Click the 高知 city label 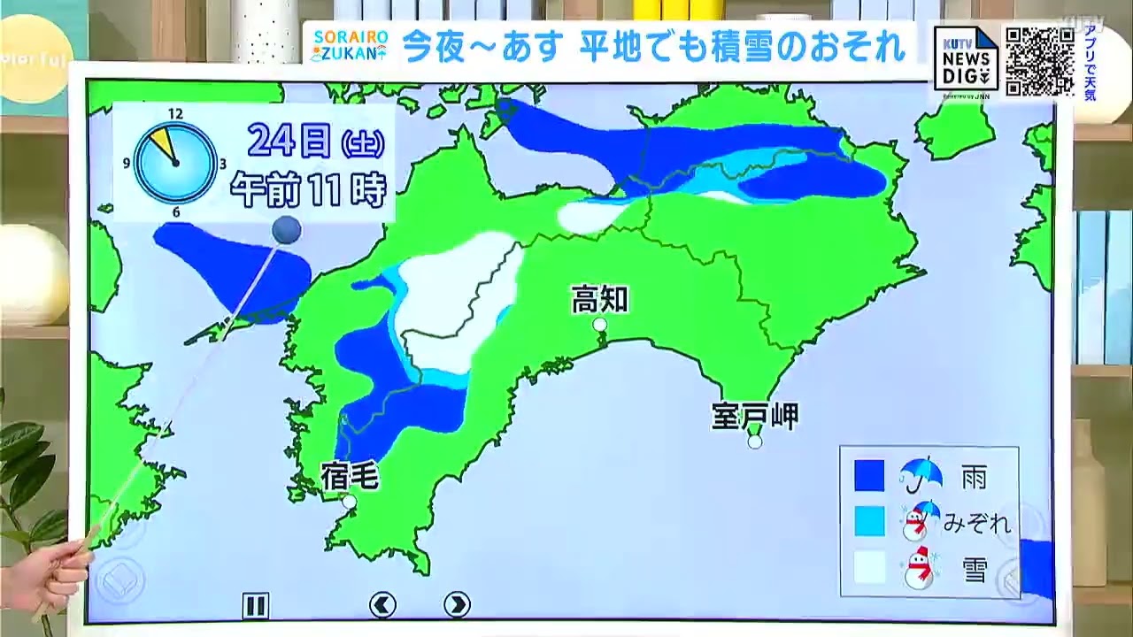[599, 300]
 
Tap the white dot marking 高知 [600, 325]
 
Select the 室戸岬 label [754, 416]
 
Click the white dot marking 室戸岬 [754, 441]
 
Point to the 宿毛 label [349, 477]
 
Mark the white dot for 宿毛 [349, 502]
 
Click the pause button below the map [255, 605]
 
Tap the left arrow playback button [382, 605]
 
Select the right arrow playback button [457, 605]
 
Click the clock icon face [175, 163]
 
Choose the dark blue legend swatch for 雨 [869, 476]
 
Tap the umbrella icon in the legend [921, 475]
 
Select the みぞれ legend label [976, 523]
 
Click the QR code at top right [1039, 61]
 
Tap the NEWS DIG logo [966, 59]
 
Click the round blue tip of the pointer [286, 231]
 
